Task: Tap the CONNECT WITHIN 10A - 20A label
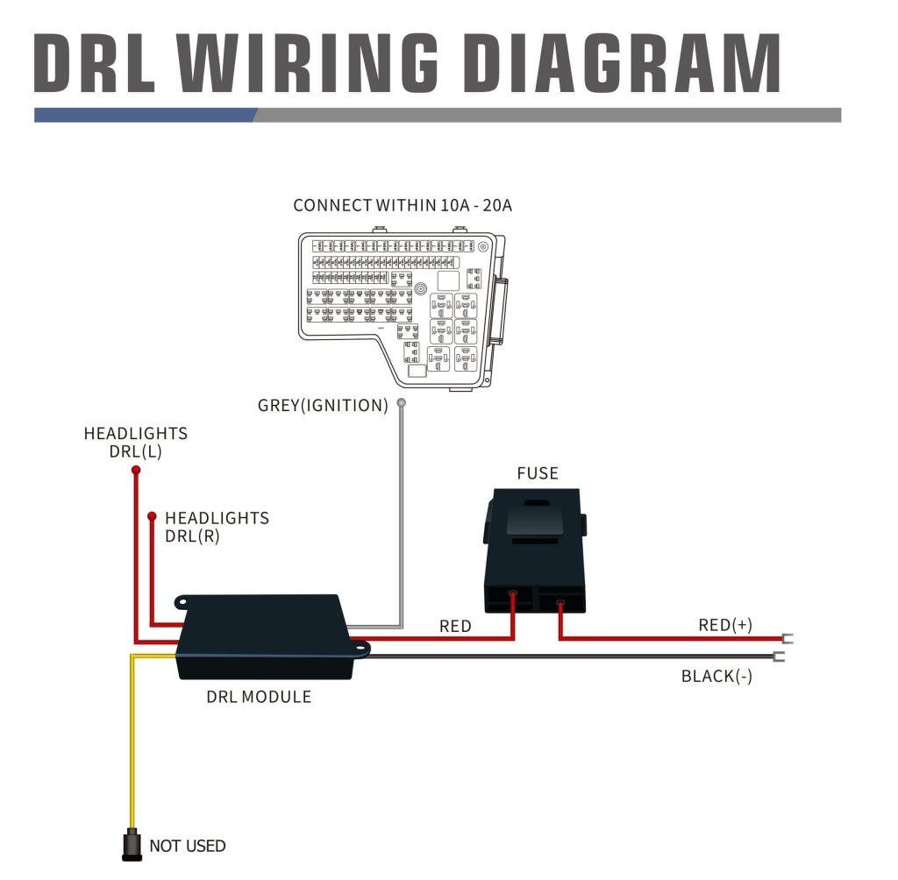[403, 206]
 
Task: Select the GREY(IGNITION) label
[323, 406]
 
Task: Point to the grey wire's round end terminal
[402, 403]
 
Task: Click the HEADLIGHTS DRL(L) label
[135, 443]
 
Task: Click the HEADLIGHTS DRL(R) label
[216, 527]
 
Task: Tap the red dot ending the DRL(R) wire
[153, 515]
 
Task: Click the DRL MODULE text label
[259, 698]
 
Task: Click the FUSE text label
[537, 473]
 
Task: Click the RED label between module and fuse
[455, 626]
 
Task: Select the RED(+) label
[725, 625]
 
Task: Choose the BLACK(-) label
[716, 677]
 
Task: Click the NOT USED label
[188, 846]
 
